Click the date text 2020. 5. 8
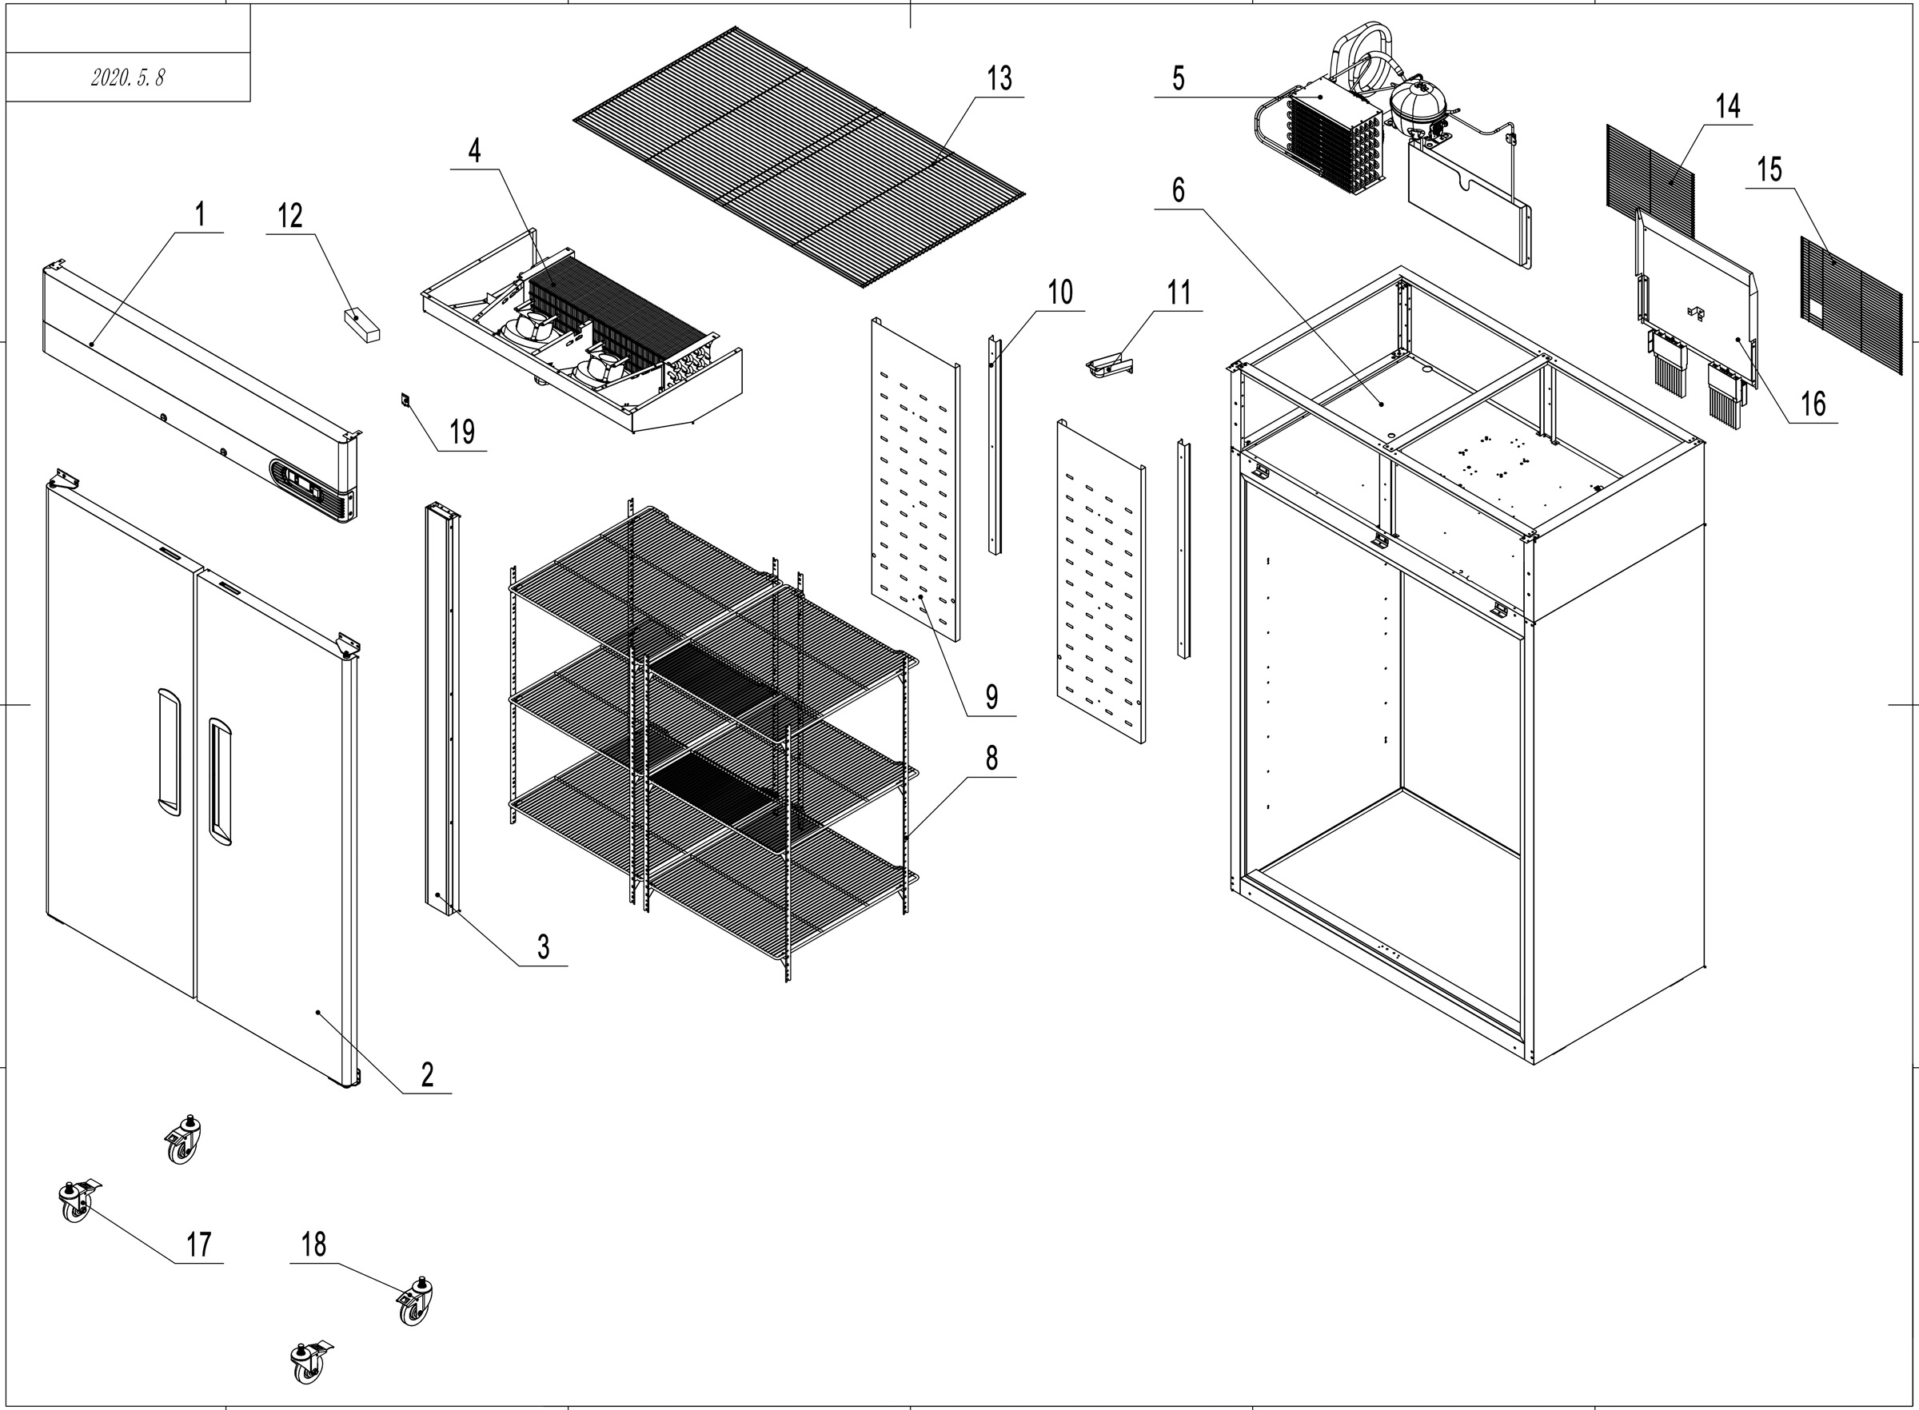127,78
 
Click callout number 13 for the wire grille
999,79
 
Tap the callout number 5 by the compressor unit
1178,78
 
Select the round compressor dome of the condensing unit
1415,104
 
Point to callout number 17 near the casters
199,1245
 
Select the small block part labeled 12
362,325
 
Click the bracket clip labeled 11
1108,366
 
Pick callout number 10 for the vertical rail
1060,293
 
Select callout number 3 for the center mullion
543,946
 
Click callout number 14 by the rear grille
1728,106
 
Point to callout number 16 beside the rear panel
1813,404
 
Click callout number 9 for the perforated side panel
991,697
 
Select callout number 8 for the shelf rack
991,758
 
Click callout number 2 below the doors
427,1074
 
